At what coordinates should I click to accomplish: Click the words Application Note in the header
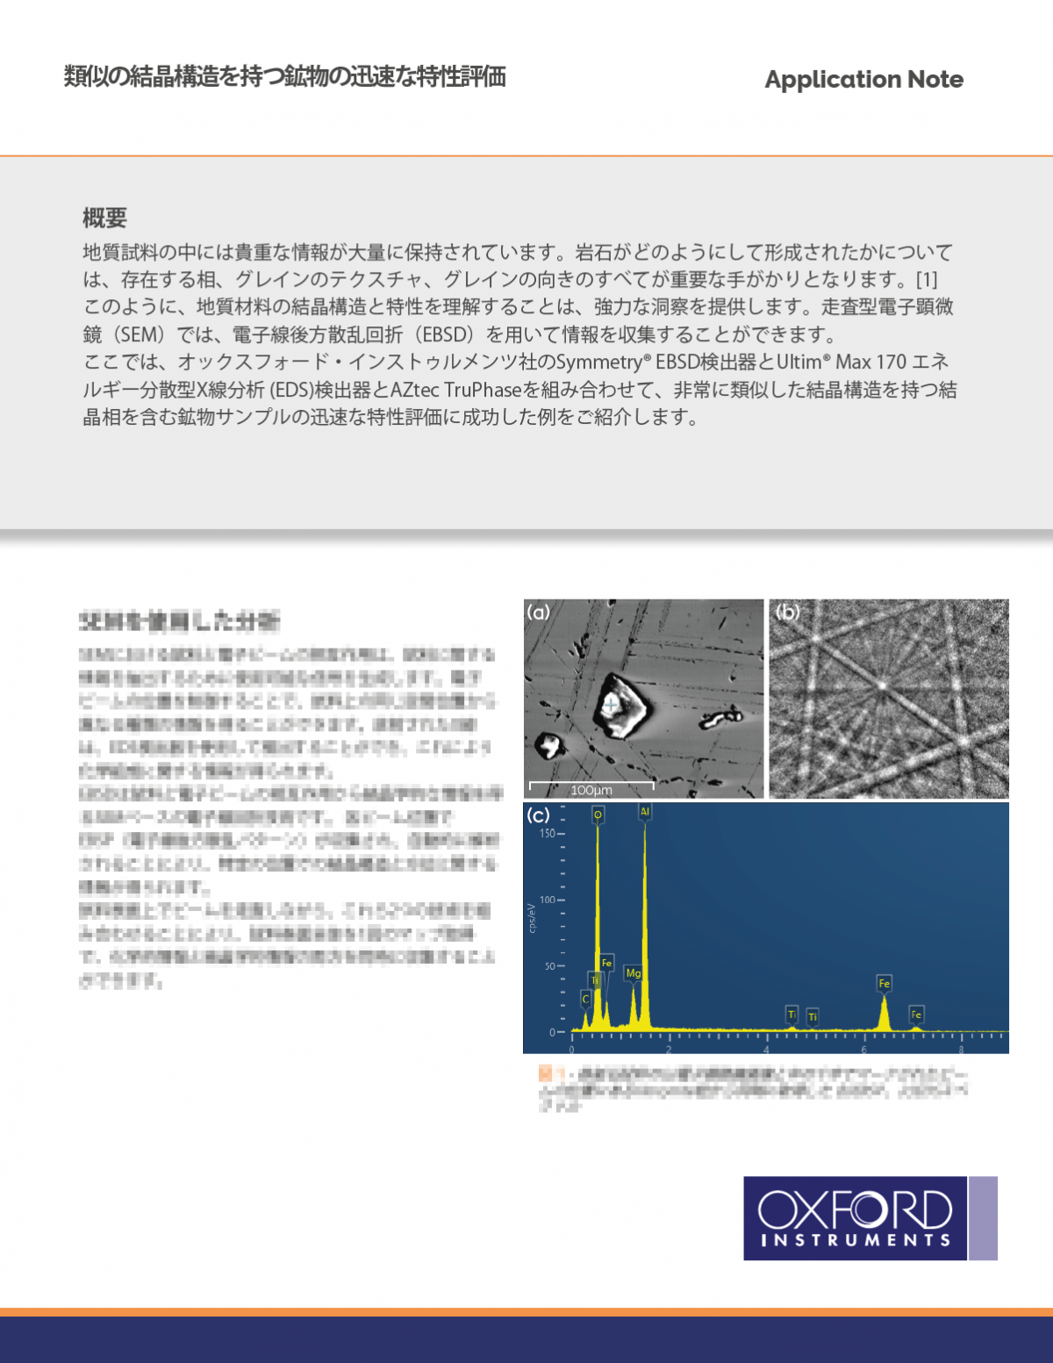(863, 80)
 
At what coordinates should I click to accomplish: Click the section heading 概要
(104, 218)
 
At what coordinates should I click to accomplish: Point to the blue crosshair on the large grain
(611, 704)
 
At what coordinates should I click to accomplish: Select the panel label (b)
(787, 613)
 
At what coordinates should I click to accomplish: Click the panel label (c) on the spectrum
(538, 815)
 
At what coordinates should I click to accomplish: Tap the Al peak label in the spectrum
(645, 812)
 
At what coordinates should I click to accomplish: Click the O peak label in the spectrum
(598, 814)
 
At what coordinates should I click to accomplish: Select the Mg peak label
(633, 973)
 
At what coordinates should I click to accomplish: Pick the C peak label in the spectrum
(585, 999)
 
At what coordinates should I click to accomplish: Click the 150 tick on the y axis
(548, 834)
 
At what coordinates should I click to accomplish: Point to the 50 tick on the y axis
(550, 966)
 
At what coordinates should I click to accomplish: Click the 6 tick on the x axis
(863, 1050)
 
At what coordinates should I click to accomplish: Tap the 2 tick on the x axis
(669, 1050)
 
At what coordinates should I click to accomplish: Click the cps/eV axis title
(532, 917)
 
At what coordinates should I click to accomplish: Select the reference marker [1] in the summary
(927, 280)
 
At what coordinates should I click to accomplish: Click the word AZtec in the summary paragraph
(414, 390)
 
